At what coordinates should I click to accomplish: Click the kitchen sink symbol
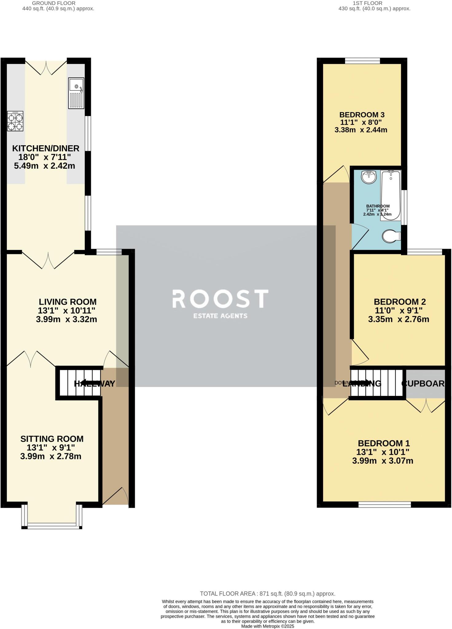76,93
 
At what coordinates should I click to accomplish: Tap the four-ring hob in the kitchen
15,121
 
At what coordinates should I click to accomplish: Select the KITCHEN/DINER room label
46,148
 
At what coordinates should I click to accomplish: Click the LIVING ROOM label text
68,302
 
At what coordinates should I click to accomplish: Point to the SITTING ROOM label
52,439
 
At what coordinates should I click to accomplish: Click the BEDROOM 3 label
362,115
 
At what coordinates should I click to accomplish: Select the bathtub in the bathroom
390,195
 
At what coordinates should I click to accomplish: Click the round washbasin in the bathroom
368,177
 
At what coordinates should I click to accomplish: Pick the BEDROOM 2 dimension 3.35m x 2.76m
398,319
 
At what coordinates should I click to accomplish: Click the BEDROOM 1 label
384,443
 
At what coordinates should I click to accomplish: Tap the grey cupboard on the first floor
425,383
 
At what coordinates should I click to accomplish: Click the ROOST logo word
220,299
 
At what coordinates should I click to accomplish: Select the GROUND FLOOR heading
58,3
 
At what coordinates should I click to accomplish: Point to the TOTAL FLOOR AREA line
267,594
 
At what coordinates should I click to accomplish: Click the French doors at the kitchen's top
46,68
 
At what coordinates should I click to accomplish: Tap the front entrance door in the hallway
115,495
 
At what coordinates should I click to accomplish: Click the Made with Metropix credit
267,626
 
